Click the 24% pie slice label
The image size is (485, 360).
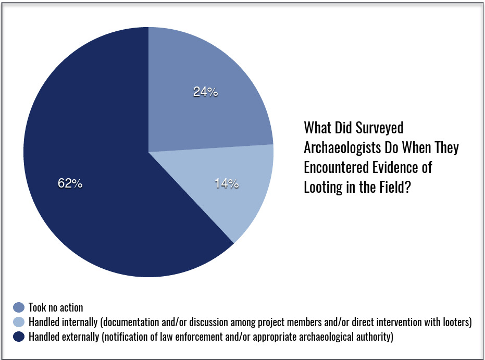tap(205, 92)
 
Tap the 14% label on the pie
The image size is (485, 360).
tap(226, 183)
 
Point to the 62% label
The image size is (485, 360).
tap(70, 183)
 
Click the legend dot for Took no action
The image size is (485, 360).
tap(19, 307)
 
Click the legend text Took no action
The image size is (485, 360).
tap(56, 308)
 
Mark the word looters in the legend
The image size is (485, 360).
tap(454, 322)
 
